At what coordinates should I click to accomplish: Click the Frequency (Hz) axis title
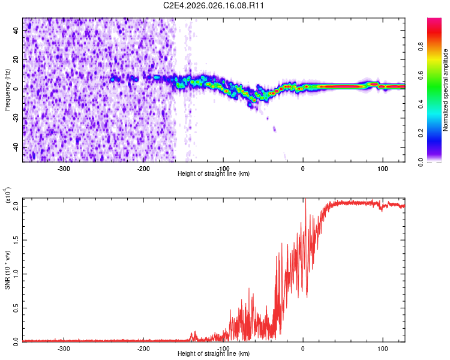(x=7, y=90)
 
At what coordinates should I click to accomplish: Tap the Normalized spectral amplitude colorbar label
(x=446, y=90)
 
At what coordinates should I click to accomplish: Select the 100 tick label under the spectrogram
(x=382, y=169)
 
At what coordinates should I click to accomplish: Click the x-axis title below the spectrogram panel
(x=214, y=174)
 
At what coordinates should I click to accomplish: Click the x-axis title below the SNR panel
(x=214, y=354)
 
